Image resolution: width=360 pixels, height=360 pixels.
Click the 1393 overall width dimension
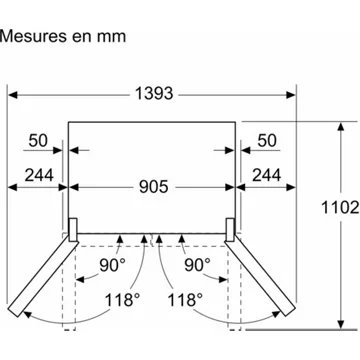pyautogui.click(x=154, y=94)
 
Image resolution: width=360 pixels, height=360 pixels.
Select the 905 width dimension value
pyautogui.click(x=154, y=187)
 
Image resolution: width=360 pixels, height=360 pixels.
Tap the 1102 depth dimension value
pyautogui.click(x=340, y=208)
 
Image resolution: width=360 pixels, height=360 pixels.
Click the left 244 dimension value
pyautogui.click(x=39, y=175)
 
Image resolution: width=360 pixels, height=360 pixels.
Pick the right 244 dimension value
pyautogui.click(x=266, y=175)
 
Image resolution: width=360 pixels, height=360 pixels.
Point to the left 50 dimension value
pyautogui.click(x=38, y=140)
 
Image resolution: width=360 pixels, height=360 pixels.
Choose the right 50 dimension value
pyautogui.click(x=267, y=140)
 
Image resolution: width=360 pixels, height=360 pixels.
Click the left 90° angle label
pyautogui.click(x=112, y=265)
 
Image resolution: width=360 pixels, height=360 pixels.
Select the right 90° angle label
pyautogui.click(x=197, y=265)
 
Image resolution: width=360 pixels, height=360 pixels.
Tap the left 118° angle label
pyautogui.click(x=122, y=300)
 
